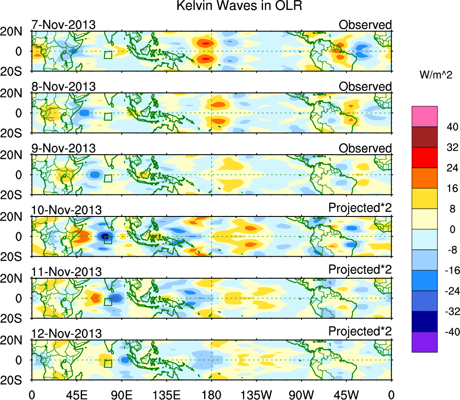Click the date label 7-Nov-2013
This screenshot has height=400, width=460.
(x=63, y=25)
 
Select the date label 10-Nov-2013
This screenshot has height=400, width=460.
(x=66, y=210)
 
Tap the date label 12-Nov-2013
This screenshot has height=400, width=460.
(x=66, y=333)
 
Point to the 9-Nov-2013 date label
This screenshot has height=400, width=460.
(x=63, y=148)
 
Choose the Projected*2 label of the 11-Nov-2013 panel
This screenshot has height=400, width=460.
(x=360, y=269)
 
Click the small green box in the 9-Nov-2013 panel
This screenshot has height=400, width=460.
(x=108, y=178)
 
